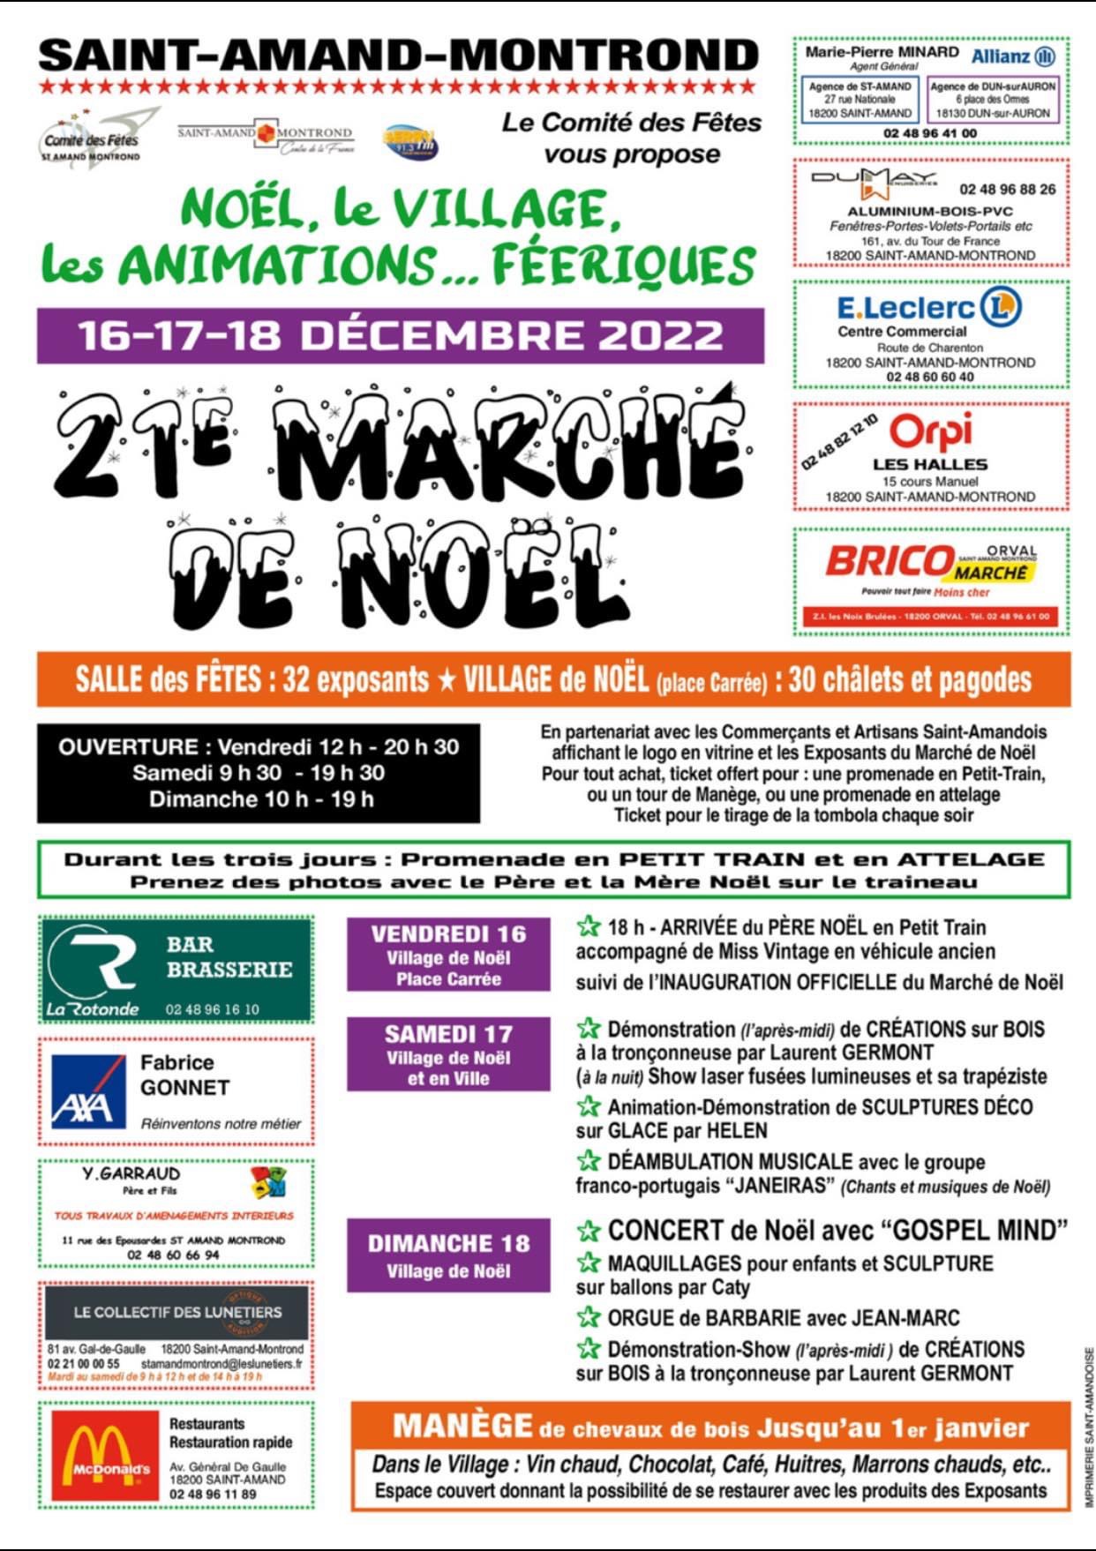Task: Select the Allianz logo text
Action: coord(1001,56)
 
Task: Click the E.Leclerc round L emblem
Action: coord(1001,307)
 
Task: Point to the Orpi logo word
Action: coord(930,431)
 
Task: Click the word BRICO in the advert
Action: coord(889,561)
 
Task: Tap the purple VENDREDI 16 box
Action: coord(448,955)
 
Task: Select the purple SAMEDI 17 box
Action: coord(448,1054)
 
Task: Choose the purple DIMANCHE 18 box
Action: coord(448,1255)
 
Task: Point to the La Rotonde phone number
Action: coord(213,1009)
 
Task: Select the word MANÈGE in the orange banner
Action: coord(462,1426)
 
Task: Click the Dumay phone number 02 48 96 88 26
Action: coord(1008,189)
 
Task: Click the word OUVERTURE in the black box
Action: coord(128,747)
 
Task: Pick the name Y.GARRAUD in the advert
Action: coord(131,1173)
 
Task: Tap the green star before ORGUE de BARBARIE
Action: coord(588,1318)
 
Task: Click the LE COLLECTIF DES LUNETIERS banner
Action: coord(176,1312)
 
